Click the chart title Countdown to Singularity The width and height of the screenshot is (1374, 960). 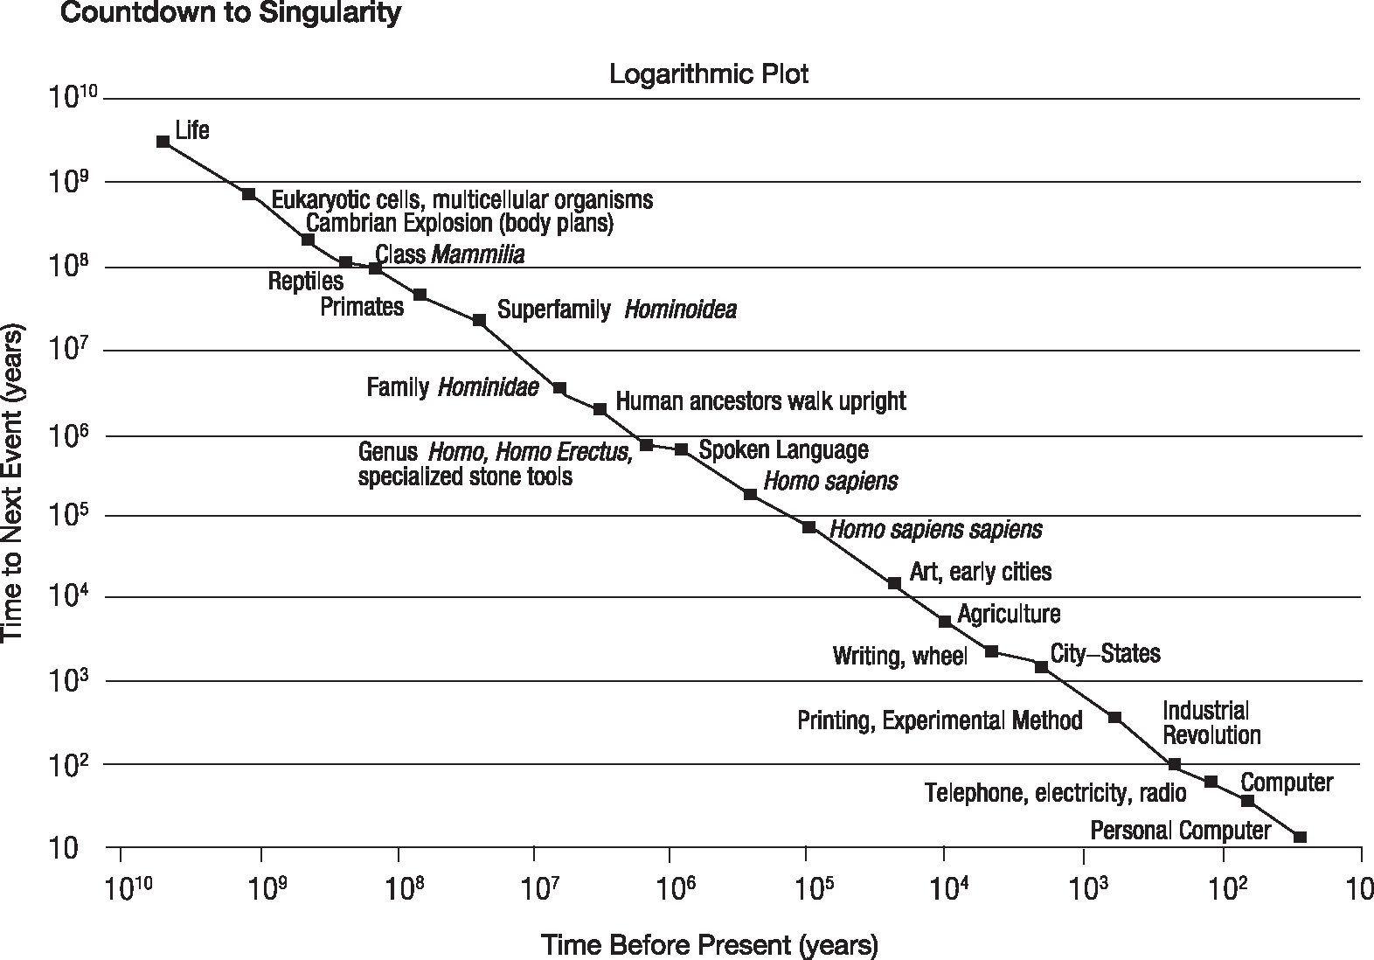(230, 14)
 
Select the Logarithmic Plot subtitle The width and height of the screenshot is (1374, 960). (709, 73)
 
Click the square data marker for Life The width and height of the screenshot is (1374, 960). (163, 141)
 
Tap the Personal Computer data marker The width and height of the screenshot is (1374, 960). (1300, 837)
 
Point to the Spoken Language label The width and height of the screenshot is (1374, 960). (784, 449)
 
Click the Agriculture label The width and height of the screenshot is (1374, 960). (1009, 614)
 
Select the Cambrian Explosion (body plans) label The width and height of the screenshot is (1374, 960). (460, 223)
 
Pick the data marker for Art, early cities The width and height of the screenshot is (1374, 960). (894, 583)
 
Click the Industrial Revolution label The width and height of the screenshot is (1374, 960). (1211, 722)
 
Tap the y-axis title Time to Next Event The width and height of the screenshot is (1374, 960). (14, 483)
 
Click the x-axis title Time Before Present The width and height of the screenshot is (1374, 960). (709, 945)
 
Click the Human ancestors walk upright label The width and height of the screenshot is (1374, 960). (760, 401)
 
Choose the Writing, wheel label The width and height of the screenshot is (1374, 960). (900, 656)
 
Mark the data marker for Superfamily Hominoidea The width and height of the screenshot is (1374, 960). (479, 320)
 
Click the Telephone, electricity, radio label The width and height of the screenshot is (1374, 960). (1056, 793)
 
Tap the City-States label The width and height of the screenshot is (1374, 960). (1105, 653)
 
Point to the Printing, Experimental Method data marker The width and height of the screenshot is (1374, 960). (1114, 717)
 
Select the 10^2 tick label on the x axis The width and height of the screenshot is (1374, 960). (1224, 889)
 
